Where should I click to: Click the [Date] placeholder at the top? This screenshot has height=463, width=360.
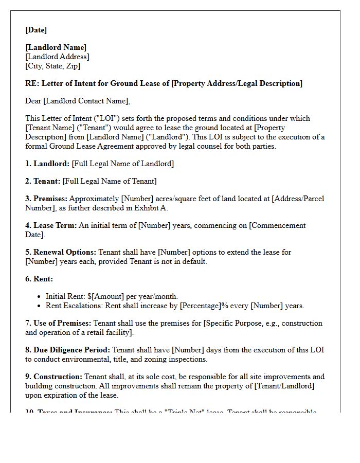point(36,30)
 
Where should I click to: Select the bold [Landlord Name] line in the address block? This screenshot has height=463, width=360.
point(56,48)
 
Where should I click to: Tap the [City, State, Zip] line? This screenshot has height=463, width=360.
point(52,66)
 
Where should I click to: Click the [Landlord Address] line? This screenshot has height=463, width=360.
point(57,57)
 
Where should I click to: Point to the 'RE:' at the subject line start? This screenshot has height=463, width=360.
point(32,83)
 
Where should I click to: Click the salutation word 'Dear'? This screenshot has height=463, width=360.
point(33,101)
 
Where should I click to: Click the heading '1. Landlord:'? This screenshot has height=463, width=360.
point(47,164)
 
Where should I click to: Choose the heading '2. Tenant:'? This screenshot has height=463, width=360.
point(43,181)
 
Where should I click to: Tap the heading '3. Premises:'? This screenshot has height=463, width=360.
point(46,199)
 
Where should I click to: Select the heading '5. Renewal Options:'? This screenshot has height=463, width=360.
point(61,252)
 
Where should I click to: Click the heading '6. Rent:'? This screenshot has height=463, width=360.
point(39,279)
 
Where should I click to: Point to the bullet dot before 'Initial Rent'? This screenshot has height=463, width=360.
point(40,297)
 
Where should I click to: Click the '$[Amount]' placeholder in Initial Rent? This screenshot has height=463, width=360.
point(106,296)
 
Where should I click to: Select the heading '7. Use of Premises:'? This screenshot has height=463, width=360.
point(58,323)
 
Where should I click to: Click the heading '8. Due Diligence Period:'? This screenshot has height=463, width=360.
point(67,350)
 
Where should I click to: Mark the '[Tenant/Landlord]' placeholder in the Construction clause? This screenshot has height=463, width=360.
point(282,386)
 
